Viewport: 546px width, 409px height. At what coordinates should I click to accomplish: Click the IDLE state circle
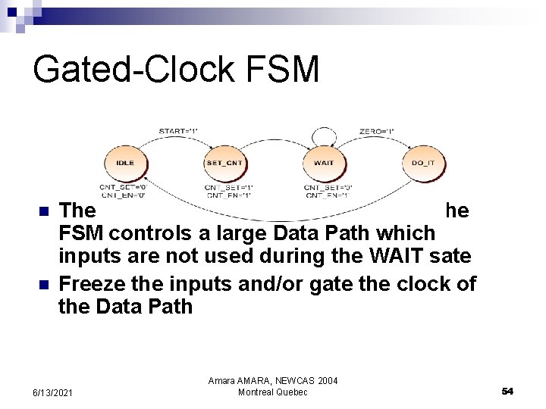tap(125, 163)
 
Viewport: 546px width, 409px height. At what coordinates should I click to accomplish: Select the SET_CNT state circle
tap(224, 163)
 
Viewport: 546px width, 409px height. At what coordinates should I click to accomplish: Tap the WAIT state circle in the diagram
tap(324, 163)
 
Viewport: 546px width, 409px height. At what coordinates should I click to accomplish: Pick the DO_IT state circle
tap(423, 163)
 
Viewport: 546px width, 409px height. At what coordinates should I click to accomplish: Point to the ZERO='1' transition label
tap(377, 132)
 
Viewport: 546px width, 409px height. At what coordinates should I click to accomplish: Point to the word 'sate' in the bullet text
tap(453, 258)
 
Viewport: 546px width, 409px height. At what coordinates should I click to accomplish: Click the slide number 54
tap(507, 391)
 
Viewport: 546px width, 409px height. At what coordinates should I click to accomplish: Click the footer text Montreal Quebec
tap(273, 392)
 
